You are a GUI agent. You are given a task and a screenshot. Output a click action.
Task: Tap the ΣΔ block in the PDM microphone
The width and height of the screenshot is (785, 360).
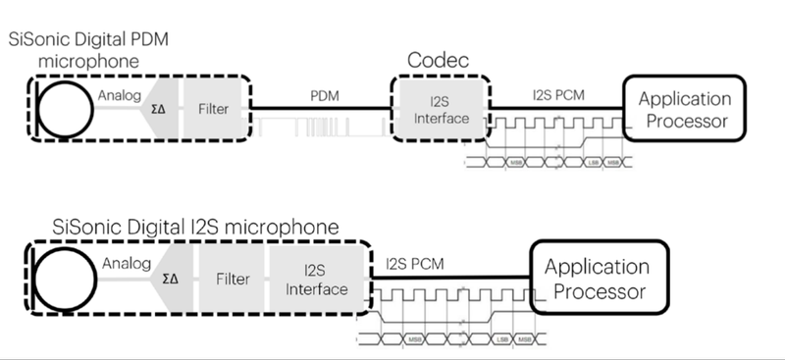tap(157, 110)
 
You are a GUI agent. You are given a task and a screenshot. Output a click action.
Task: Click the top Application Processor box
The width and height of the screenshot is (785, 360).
tap(685, 110)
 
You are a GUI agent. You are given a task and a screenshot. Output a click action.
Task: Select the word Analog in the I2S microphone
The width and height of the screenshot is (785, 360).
tap(126, 262)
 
